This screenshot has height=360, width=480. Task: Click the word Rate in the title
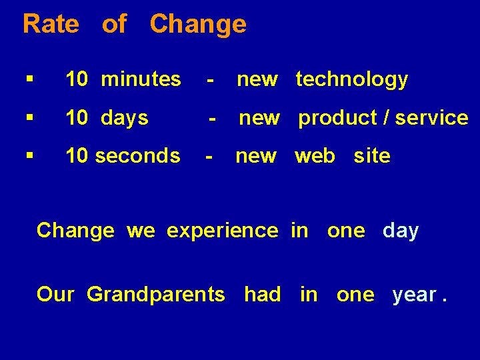point(51,24)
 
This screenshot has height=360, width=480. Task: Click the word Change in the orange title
point(198,24)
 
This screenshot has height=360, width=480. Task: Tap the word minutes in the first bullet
point(141,79)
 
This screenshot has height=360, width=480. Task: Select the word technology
point(351,79)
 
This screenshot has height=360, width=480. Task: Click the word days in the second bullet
point(125,118)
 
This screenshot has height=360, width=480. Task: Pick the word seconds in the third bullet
point(137,156)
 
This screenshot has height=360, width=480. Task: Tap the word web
point(315,156)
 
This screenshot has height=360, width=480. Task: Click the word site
point(372,156)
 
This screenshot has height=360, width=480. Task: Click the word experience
point(222,231)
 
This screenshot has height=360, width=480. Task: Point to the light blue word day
point(401,231)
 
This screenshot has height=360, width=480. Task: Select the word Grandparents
point(156,294)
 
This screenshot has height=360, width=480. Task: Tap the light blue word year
point(415,294)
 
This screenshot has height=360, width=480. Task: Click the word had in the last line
point(262,294)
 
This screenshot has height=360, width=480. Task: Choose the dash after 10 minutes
point(210,80)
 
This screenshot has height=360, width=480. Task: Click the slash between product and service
point(387,118)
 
